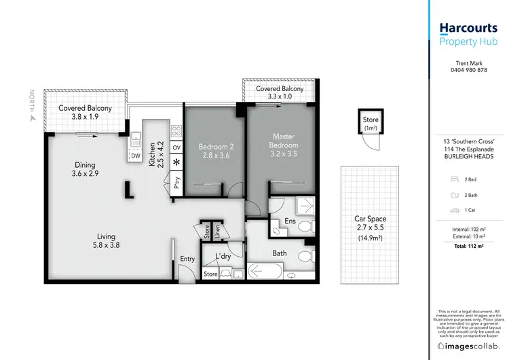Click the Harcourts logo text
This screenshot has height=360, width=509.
[469, 28]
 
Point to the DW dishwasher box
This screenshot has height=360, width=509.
[136, 156]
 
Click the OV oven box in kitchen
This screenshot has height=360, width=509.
[176, 147]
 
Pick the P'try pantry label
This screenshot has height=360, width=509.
[176, 181]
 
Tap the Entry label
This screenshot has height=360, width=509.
[187, 259]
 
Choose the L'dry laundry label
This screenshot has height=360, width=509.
[223, 256]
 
